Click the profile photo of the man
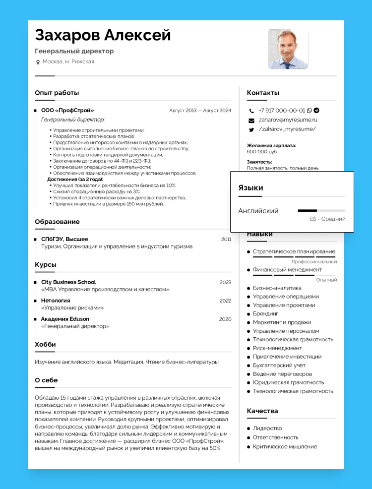[x=288, y=49]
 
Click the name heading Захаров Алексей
[x=103, y=35]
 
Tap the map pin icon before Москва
[x=38, y=62]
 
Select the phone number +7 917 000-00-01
[x=282, y=111]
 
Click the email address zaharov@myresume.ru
[x=288, y=120]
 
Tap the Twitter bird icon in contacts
[x=251, y=129]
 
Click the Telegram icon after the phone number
[x=316, y=111]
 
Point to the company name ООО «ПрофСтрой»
[x=67, y=111]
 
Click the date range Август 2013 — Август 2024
[x=200, y=111]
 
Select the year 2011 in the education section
[x=226, y=239]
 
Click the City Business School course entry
[x=68, y=282]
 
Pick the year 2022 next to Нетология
[x=225, y=301]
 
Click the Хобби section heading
[x=45, y=344]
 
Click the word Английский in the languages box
[x=258, y=211]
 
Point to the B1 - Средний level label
[x=327, y=219]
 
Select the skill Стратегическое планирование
[x=294, y=251]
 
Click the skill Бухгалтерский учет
[x=279, y=365]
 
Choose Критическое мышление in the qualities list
[x=285, y=446]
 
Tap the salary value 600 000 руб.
[x=261, y=152]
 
